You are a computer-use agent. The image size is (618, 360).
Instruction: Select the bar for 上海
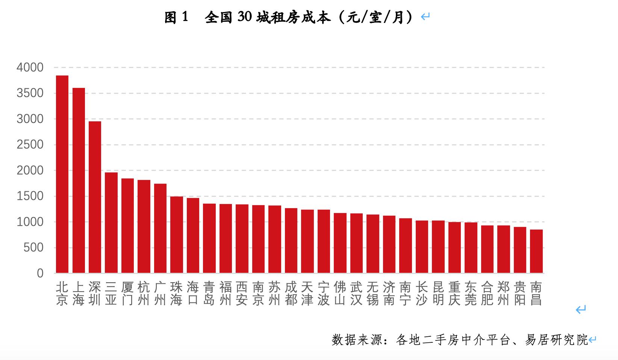(x=79, y=180)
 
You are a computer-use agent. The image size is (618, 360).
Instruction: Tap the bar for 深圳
(x=95, y=197)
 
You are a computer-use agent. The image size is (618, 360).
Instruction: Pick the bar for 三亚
(x=111, y=222)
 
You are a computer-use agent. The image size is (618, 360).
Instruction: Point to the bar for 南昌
(x=536, y=251)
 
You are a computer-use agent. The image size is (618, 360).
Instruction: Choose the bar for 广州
(x=160, y=228)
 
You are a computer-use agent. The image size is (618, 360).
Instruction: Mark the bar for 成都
(x=291, y=241)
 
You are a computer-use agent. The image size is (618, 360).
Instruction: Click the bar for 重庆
(x=454, y=247)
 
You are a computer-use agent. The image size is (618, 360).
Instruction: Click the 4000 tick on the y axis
(x=30, y=68)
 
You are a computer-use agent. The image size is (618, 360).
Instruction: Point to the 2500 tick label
(x=30, y=145)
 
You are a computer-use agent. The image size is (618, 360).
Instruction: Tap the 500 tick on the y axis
(x=34, y=248)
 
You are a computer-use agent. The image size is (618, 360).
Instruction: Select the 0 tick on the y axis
(x=40, y=274)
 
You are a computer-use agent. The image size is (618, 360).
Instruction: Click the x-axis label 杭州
(x=144, y=293)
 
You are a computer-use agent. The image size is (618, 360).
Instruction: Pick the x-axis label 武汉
(x=356, y=293)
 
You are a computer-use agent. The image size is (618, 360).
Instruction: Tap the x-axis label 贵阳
(x=520, y=293)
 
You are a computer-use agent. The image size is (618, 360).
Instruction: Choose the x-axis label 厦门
(x=127, y=293)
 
